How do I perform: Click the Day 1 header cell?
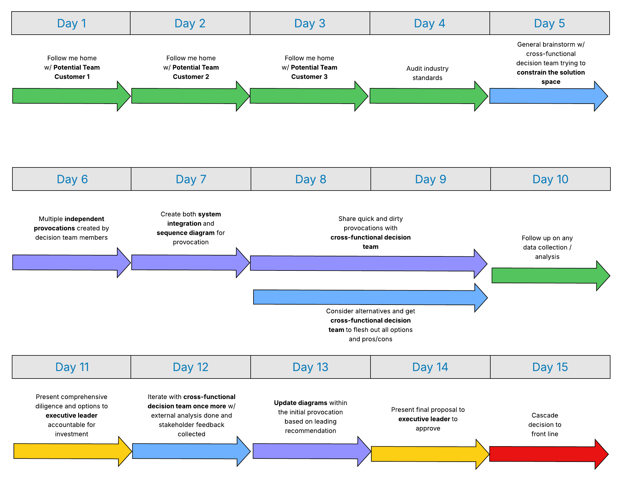pos(71,23)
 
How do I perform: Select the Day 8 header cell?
pos(311,179)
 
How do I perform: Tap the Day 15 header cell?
pos(550,367)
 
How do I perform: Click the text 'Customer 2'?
pos(191,77)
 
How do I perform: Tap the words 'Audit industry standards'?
pos(427,73)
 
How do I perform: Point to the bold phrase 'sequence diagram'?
pos(185,233)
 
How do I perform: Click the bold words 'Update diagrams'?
pos(300,403)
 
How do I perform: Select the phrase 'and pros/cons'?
pos(370,339)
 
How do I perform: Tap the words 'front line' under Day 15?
pos(545,434)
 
